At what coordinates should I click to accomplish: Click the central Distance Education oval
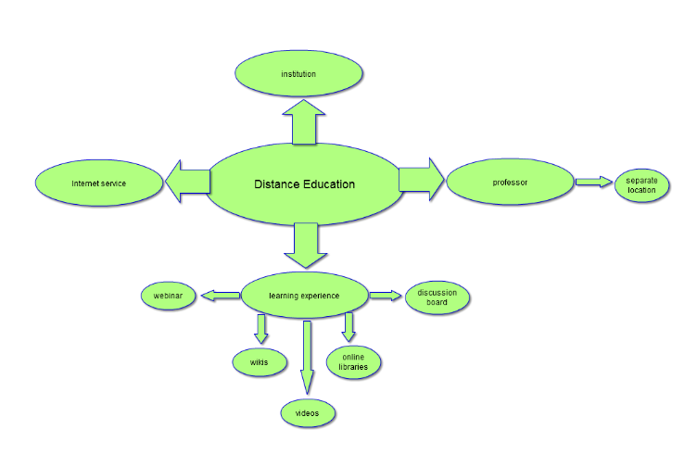point(304,183)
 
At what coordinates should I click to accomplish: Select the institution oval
point(298,73)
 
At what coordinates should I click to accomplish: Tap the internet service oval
point(98,183)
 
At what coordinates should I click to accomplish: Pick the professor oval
point(510,183)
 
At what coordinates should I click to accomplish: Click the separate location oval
point(640,184)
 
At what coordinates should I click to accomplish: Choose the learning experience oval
point(304,296)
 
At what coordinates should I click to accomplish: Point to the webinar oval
point(168,297)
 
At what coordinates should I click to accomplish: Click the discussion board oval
point(437,297)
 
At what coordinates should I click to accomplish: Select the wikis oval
point(259,361)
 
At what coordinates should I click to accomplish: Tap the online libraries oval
point(354,361)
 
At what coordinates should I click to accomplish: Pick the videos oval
point(307,412)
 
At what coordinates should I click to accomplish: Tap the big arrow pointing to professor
point(422,179)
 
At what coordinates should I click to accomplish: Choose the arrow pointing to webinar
point(221,296)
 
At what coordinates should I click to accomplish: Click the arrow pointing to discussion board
point(384,296)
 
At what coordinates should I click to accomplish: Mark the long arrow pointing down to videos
point(307,357)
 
